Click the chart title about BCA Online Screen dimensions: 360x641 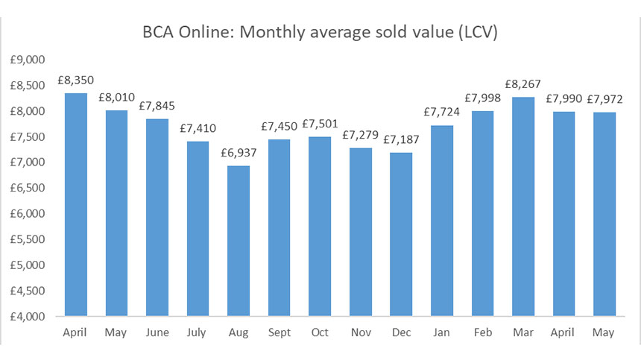321,34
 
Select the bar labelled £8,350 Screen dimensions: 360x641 76,204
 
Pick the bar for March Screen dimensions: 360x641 523,206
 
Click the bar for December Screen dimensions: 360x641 402,234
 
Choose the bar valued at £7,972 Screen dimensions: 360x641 604,214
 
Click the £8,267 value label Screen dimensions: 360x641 523,85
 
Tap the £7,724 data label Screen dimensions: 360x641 442,113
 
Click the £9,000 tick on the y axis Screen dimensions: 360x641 30,60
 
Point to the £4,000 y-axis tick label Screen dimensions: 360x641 30,316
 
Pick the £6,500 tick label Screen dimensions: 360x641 30,188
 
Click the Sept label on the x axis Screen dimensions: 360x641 280,332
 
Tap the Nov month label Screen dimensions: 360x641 361,332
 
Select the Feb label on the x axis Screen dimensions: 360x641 483,332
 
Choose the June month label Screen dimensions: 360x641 157,332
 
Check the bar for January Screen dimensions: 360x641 442,221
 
